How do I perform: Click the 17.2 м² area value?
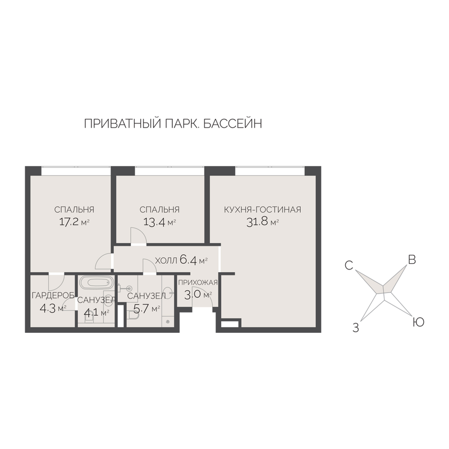click(74, 222)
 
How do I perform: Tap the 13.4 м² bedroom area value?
click(159, 222)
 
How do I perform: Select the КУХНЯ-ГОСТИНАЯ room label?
click(263, 209)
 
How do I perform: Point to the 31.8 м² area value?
click(263, 222)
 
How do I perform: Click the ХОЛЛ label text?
click(166, 261)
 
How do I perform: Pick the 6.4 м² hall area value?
click(194, 260)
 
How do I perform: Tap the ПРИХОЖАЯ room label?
click(198, 283)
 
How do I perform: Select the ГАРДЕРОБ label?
click(53, 295)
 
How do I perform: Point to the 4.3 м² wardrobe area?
click(53, 308)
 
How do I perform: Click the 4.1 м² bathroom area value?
click(96, 312)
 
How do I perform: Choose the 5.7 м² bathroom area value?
click(146, 308)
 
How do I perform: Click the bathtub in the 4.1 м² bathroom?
click(95, 283)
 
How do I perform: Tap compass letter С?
click(349, 265)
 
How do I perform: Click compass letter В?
click(412, 259)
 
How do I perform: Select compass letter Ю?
click(418, 322)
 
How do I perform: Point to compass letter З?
click(356, 328)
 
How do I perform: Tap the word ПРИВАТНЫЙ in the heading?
click(122, 123)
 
